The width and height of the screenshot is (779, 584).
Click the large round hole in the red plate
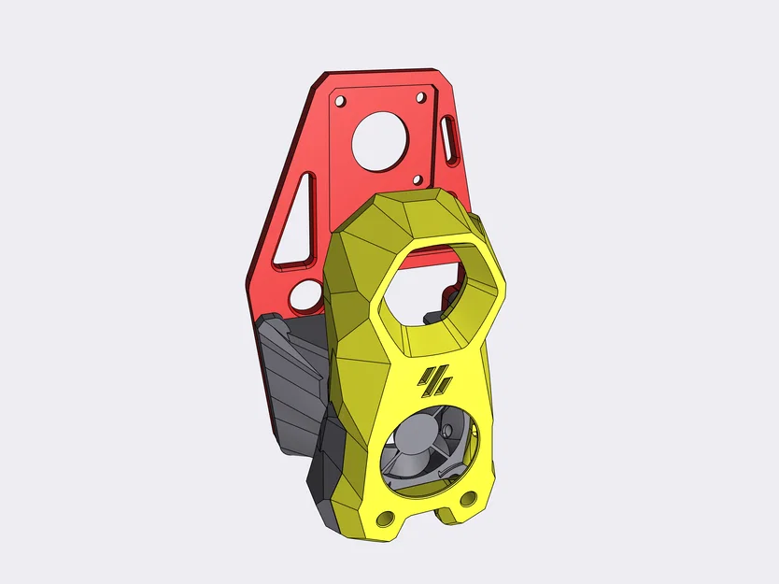[x=378, y=143]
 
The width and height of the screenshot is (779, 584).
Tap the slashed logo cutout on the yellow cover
[x=436, y=378]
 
